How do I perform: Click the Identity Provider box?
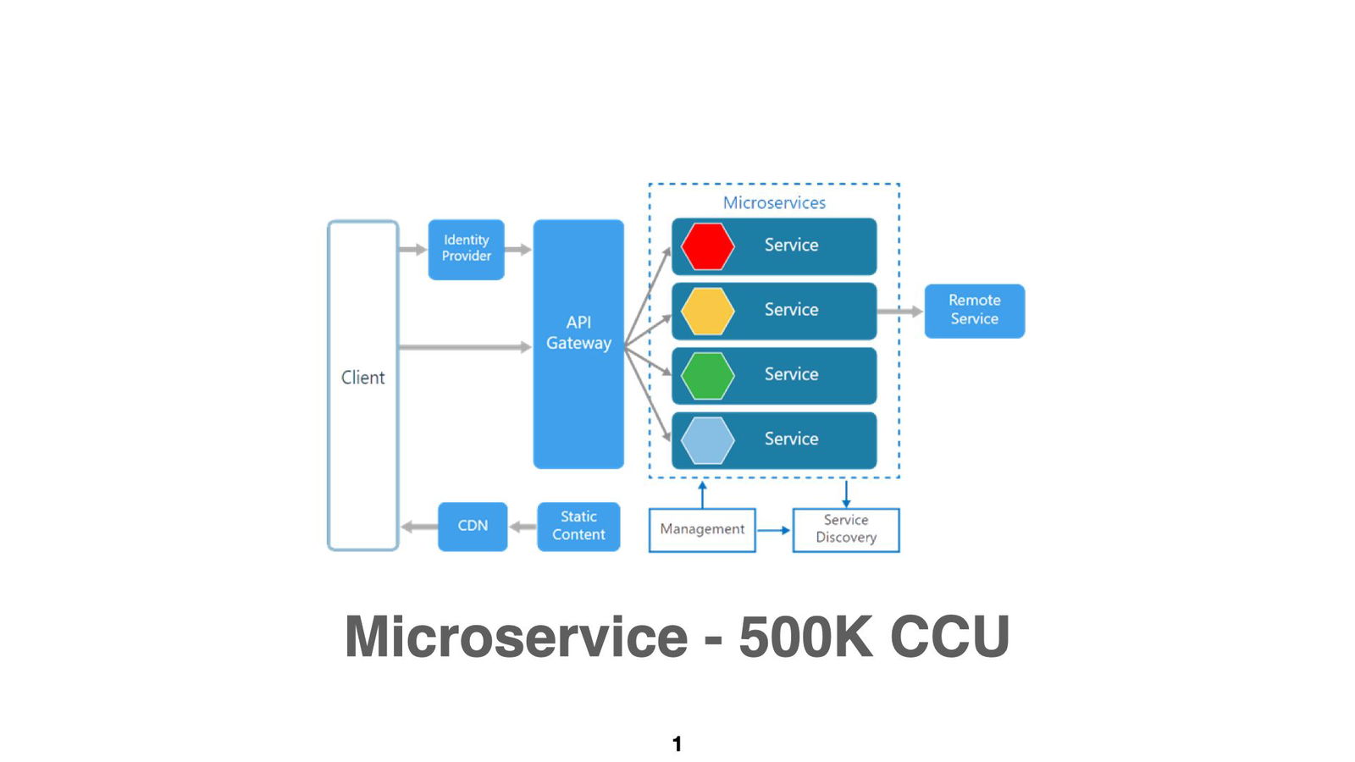[x=466, y=249]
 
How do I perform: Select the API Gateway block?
[x=578, y=343]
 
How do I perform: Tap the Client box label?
[x=362, y=378]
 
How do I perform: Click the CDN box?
[x=473, y=526]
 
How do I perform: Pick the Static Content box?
[x=578, y=526]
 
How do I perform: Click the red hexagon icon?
[x=707, y=246]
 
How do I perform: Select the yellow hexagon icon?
[x=707, y=311]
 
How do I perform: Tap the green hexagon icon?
[x=707, y=375]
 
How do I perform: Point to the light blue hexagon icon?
[x=707, y=440]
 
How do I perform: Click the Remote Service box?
[x=974, y=310]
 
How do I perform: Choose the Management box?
[x=702, y=529]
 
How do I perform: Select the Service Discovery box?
[x=845, y=529]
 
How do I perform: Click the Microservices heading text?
[x=774, y=203]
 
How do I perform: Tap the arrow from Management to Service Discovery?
[x=773, y=530]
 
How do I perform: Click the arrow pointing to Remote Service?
[x=899, y=312]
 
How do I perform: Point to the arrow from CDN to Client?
[x=418, y=527]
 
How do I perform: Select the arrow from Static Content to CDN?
[x=523, y=527]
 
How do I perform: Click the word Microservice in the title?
[x=516, y=637]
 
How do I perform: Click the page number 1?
[x=677, y=743]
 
